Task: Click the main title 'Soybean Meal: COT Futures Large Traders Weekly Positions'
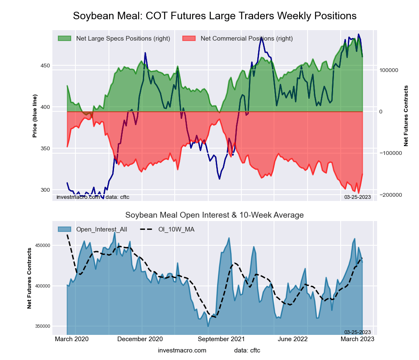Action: point(215,16)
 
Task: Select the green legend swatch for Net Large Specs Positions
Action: point(65,39)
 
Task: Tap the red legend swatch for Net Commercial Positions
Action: point(189,39)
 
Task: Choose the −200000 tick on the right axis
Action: point(391,195)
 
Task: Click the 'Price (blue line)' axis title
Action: point(35,116)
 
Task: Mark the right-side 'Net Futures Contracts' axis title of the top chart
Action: point(406,116)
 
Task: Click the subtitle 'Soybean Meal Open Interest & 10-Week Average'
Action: point(215,215)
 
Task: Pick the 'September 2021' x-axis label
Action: point(221,339)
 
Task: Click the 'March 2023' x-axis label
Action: point(357,339)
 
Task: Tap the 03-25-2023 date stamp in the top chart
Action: point(357,197)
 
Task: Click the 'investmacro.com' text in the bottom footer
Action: point(182,350)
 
